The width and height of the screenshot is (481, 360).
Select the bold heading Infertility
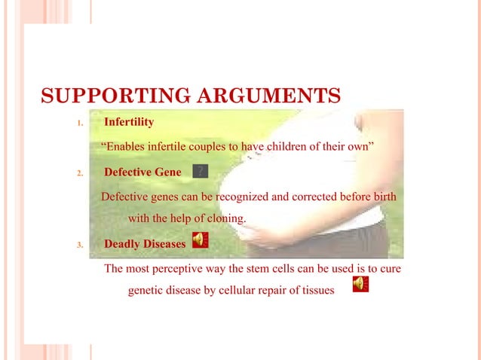point(129,121)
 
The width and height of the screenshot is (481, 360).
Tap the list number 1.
point(81,123)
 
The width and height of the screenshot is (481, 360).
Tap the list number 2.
point(81,173)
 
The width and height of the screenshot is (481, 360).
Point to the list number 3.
point(81,245)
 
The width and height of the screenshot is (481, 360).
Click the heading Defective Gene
point(142,172)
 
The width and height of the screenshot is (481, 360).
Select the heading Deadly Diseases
point(144,244)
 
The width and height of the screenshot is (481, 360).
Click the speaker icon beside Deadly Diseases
point(200,240)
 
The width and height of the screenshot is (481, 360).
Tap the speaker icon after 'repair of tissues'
point(360,284)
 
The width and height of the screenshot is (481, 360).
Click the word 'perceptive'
point(181,269)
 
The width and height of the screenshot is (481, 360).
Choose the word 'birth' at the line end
point(381,197)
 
